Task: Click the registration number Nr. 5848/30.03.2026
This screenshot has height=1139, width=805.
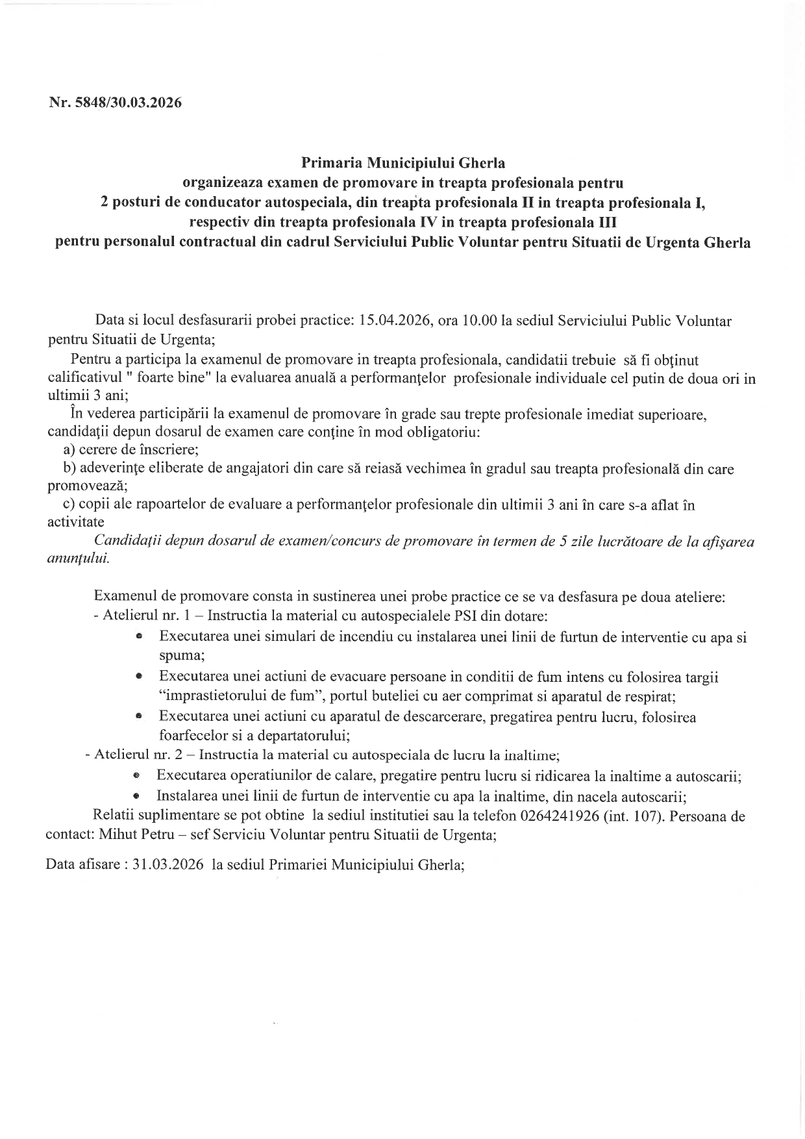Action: point(115,103)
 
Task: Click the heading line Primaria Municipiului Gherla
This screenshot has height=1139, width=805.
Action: point(403,162)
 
